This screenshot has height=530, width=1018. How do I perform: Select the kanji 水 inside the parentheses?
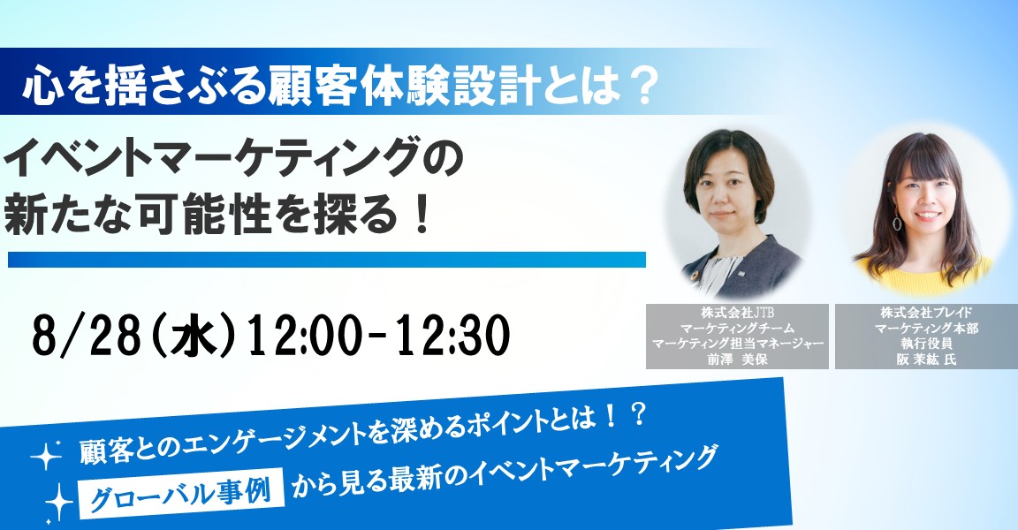pos(194,337)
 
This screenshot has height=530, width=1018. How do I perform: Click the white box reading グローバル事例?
pos(182,493)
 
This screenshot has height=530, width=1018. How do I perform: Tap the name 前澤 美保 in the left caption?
pos(737,360)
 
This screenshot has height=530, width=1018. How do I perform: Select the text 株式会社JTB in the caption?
pos(737,312)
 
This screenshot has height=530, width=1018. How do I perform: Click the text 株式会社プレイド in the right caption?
pos(926,312)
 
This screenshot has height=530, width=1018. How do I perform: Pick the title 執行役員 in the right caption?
pos(926,344)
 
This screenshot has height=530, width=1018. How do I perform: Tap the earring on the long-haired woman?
pos(897,221)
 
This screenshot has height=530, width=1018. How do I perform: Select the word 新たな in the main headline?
pos(71,216)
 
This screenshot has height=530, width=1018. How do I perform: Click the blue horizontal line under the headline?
pos(327,260)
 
